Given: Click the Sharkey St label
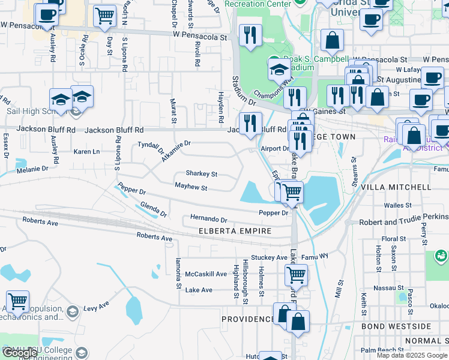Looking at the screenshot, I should pos(201,173).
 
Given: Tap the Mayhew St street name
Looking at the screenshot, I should pos(190,188).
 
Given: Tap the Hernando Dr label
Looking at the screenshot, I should pos(209,220).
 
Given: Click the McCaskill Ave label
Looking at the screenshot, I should pos(206,274).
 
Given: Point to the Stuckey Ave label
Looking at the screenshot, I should pos(270,257).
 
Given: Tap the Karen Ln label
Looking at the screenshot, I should pos(86,152).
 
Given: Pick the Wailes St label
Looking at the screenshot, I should pos(397,205).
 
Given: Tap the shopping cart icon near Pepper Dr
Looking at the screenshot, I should pos(292,192).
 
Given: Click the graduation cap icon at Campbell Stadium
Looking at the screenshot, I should pos(279,70).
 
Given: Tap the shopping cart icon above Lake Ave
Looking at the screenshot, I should pos(296,275).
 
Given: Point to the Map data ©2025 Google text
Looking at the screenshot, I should pos(411,355).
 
